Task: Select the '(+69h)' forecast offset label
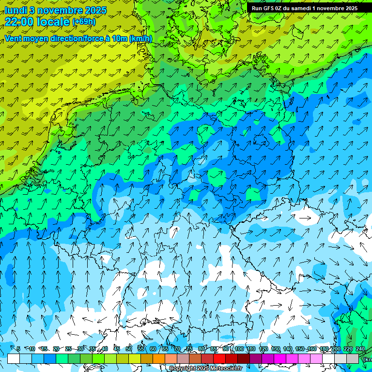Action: [84, 22]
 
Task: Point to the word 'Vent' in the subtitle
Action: [14, 38]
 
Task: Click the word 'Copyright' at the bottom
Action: [183, 369]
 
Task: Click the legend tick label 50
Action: [128, 349]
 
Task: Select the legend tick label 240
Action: [360, 349]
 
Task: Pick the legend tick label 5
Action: [18, 349]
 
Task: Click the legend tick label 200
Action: [336, 349]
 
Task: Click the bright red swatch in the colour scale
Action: [219, 358]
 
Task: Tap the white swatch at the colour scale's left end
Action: [14, 358]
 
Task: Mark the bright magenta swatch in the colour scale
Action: [280, 358]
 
